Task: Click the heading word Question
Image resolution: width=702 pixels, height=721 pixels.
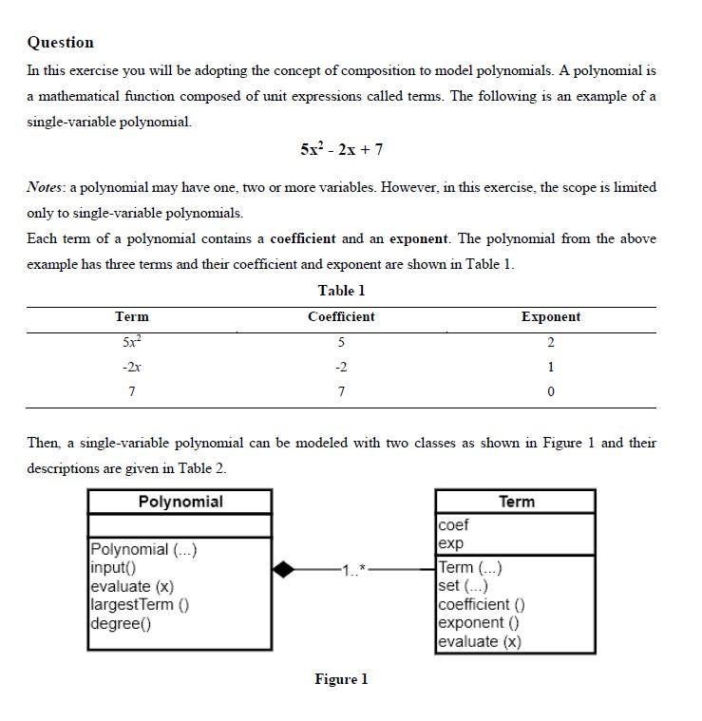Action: click(x=60, y=42)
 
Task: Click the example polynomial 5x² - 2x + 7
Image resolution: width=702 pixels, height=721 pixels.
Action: click(x=341, y=149)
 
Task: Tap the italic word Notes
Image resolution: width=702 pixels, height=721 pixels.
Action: click(x=46, y=187)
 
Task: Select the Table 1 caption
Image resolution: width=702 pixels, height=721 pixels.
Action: click(x=341, y=291)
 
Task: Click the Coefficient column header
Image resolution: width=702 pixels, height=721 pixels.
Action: click(x=341, y=317)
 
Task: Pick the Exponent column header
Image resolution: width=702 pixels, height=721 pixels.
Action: click(x=550, y=317)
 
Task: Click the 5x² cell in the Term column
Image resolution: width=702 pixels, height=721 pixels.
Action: click(x=131, y=342)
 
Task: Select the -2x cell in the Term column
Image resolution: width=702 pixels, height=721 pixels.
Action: click(x=131, y=367)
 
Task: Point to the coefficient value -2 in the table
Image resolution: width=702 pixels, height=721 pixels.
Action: click(x=341, y=367)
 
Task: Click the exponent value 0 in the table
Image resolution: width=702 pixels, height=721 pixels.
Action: click(x=551, y=391)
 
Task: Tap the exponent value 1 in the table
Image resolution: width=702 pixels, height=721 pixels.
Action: click(x=551, y=367)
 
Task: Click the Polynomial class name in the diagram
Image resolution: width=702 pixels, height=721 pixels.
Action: click(x=180, y=502)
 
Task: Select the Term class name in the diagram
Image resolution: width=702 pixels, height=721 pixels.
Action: click(x=516, y=502)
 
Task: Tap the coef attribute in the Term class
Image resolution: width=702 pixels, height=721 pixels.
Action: click(x=453, y=524)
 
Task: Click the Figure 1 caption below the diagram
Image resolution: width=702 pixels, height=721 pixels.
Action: click(x=341, y=679)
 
